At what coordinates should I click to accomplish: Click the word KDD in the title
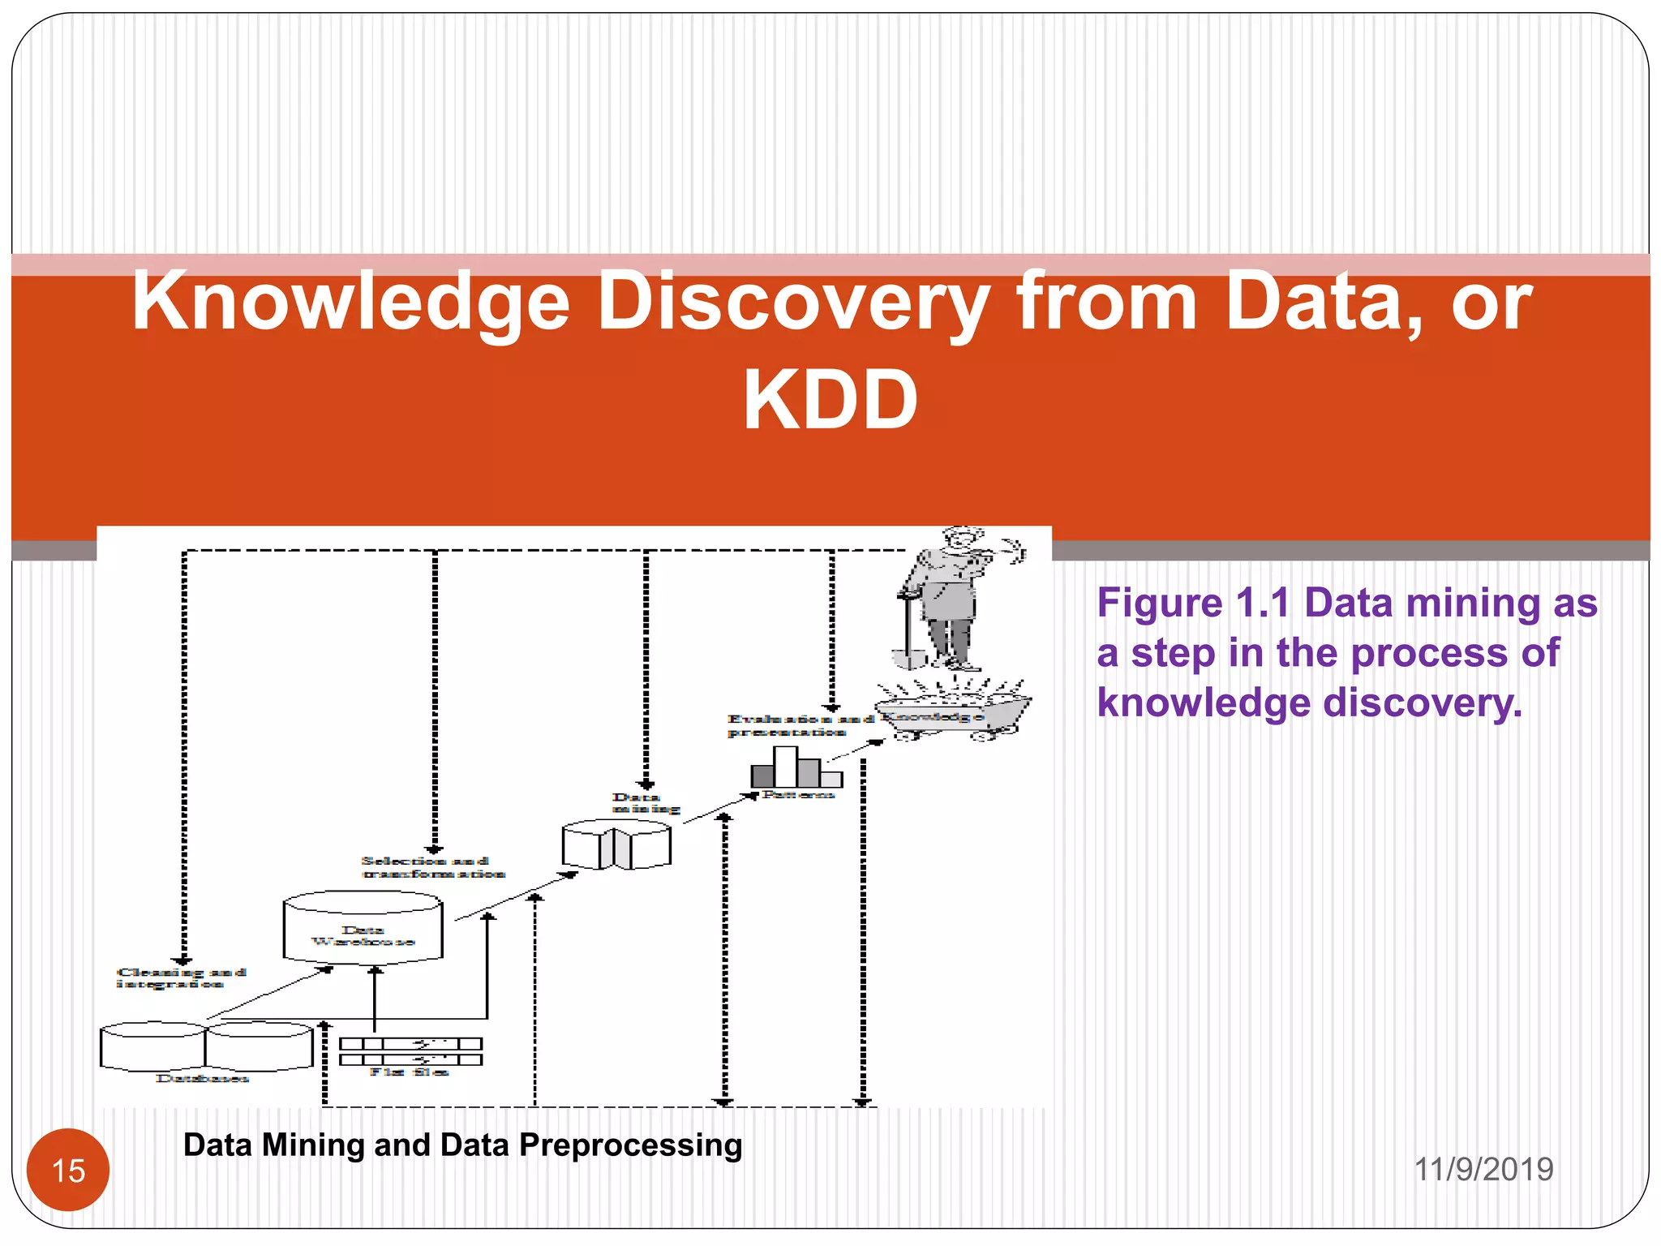[x=830, y=400]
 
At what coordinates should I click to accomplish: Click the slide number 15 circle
[x=68, y=1170]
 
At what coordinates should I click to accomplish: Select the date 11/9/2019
[x=1483, y=1169]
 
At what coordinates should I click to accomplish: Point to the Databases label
[x=202, y=1078]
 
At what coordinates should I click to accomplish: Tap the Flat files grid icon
[x=410, y=1051]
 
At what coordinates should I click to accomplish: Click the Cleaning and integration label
[x=180, y=977]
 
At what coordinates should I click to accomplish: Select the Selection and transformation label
[x=432, y=867]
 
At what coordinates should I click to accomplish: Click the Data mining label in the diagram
[x=645, y=802]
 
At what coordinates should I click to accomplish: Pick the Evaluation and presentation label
[x=799, y=725]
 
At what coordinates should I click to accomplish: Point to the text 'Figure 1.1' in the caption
[x=1192, y=603]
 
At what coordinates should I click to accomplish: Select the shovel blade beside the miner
[x=908, y=657]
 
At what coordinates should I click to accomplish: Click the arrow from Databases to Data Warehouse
[x=270, y=992]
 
